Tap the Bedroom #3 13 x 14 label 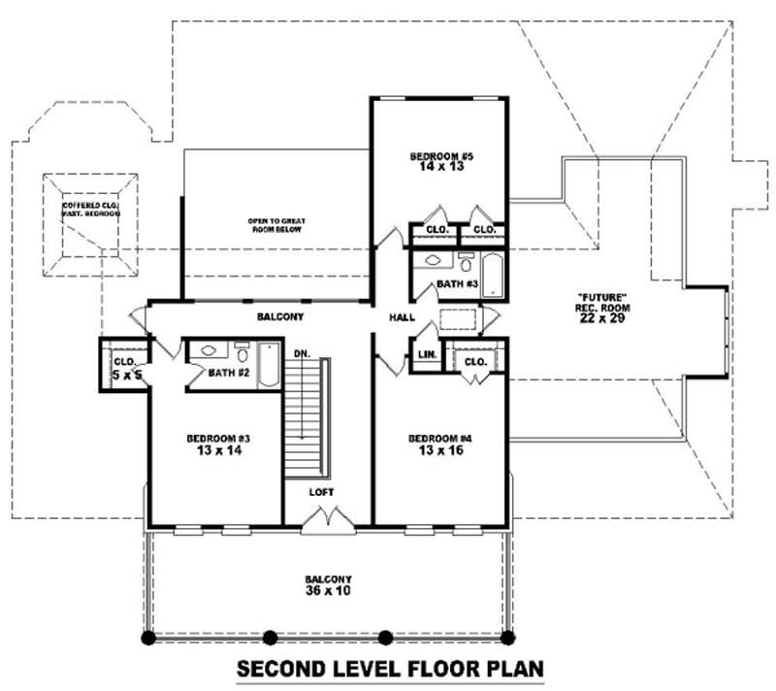[212, 444]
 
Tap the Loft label [321, 492]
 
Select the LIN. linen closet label [425, 357]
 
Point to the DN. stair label [302, 353]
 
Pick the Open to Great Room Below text [275, 226]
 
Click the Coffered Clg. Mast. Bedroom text [91, 210]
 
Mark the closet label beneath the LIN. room [474, 361]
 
